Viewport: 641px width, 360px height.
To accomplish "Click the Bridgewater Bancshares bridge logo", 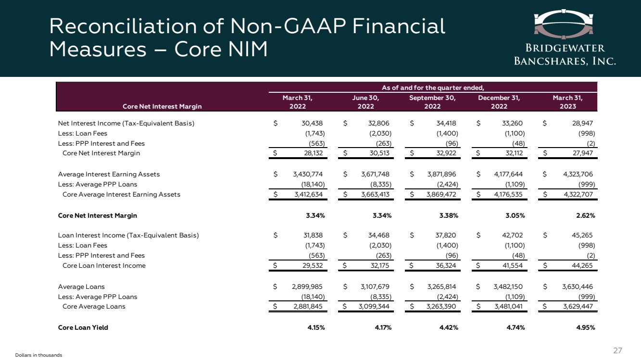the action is (564, 24).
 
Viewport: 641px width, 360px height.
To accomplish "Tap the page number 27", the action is (617, 350).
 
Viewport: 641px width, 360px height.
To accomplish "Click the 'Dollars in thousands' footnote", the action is (38, 355).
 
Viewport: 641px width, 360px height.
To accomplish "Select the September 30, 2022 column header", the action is (432, 102).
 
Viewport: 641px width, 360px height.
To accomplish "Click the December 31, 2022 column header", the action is (499, 102).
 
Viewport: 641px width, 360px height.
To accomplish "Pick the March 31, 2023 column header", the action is (567, 102).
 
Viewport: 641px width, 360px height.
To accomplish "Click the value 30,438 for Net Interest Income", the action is (312, 123).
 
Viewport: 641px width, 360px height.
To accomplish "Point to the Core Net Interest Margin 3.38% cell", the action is (449, 216).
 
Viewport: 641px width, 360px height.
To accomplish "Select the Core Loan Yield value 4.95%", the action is (586, 327).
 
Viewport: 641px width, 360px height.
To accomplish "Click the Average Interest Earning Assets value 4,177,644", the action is (508, 174).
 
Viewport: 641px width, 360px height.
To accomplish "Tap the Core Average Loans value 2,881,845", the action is (308, 306).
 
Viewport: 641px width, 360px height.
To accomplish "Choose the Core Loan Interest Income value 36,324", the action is (446, 265).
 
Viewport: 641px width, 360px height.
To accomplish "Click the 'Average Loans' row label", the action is (81, 286).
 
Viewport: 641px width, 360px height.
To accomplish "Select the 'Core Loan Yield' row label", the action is (83, 327).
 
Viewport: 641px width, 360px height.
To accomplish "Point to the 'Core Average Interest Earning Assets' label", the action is (121, 195).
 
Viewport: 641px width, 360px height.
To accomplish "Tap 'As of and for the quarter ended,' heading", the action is (433, 87).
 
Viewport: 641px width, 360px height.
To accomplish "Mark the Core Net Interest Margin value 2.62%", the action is (586, 216).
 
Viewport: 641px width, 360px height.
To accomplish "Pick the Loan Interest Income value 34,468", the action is (378, 236).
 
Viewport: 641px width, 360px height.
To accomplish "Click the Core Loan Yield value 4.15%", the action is (316, 327).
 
